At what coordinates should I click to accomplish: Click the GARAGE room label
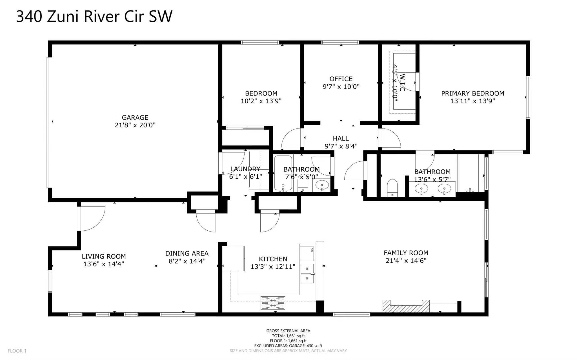(x=135, y=117)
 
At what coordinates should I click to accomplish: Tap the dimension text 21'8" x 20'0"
(x=135, y=125)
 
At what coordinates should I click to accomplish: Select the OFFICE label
(x=341, y=79)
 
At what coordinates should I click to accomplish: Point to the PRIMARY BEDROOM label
(x=472, y=93)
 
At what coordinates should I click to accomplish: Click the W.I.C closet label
(x=402, y=83)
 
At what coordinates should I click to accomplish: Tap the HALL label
(x=341, y=139)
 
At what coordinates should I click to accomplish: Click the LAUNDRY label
(x=245, y=169)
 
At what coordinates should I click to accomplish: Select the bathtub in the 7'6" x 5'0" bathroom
(x=283, y=173)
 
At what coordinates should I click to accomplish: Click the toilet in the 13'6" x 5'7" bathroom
(x=392, y=188)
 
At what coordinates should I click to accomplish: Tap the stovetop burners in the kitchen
(x=273, y=303)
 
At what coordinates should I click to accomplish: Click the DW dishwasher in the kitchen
(x=307, y=253)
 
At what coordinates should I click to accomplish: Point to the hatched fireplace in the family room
(x=406, y=306)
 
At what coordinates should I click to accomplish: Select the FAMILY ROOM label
(x=406, y=253)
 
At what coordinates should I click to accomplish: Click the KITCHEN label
(x=273, y=259)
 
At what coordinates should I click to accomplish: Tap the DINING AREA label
(x=187, y=254)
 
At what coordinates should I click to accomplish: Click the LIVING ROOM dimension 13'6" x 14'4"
(x=104, y=264)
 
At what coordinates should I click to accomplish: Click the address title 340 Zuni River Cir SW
(x=94, y=16)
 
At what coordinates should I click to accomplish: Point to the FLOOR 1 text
(x=17, y=351)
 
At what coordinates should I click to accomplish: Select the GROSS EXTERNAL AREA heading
(x=288, y=331)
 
